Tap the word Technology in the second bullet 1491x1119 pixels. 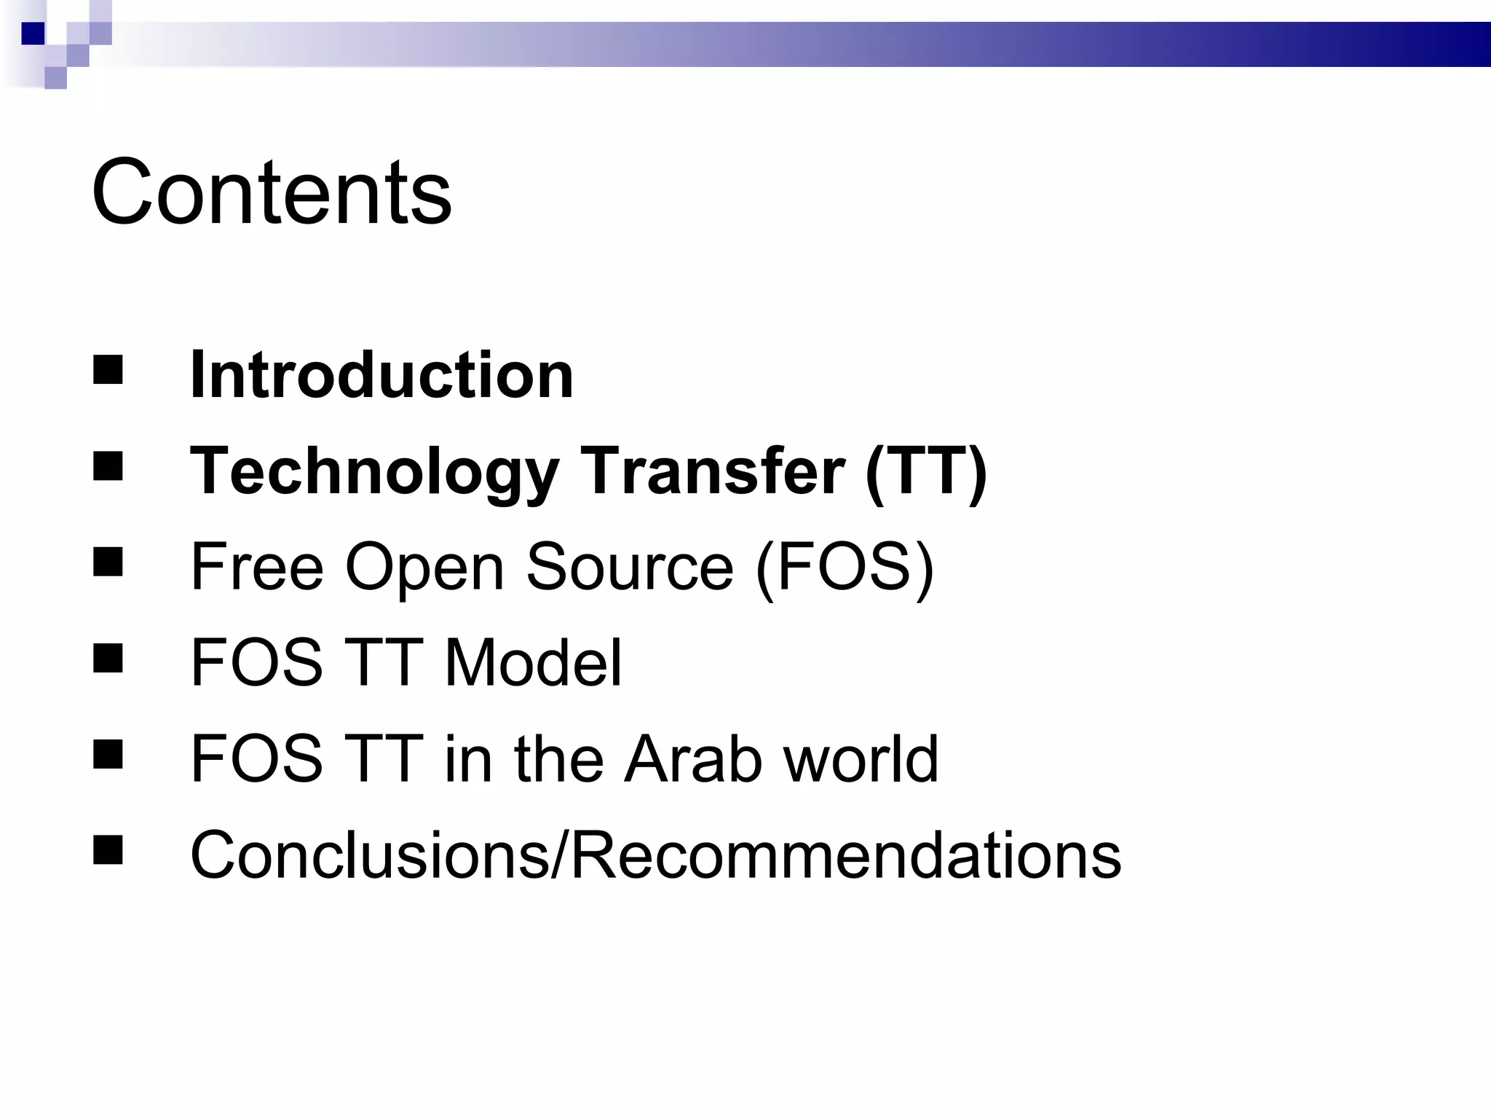tap(374, 471)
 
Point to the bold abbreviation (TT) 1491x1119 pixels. tap(926, 471)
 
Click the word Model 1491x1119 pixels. tap(533, 662)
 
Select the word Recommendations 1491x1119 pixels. tap(845, 855)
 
